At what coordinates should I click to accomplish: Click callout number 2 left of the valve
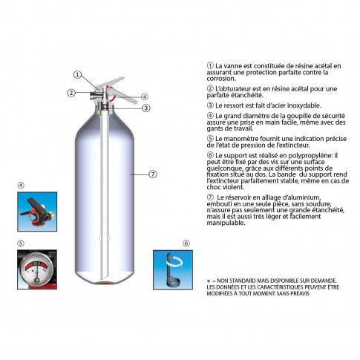[71, 93]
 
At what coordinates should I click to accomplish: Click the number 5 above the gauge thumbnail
[21, 243]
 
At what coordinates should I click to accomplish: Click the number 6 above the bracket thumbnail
[186, 243]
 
